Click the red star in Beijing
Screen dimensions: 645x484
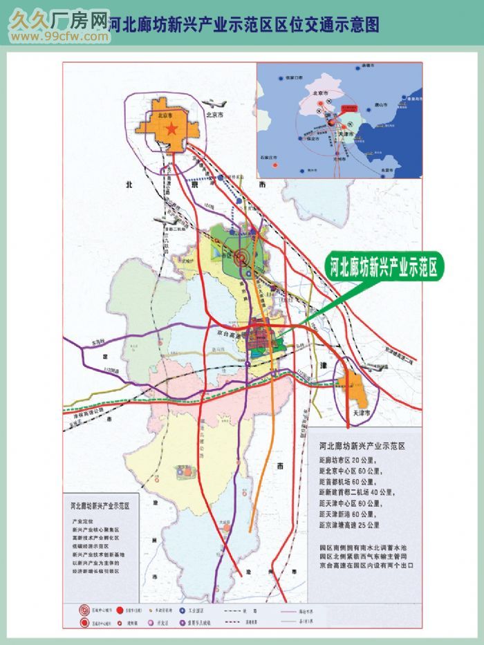pyautogui.click(x=173, y=129)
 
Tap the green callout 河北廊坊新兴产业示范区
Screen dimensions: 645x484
pyautogui.click(x=384, y=267)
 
